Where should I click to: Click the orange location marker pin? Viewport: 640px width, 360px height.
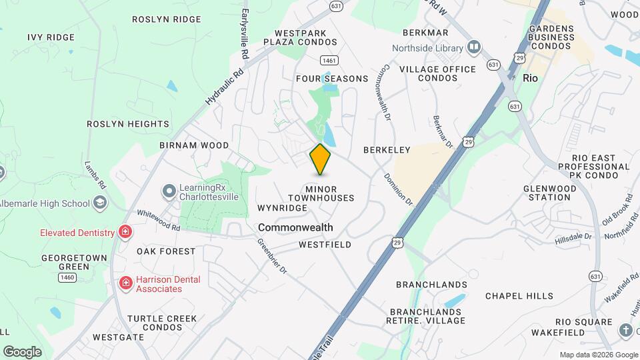click(x=320, y=159)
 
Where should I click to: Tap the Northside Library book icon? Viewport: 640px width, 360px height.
click(x=474, y=48)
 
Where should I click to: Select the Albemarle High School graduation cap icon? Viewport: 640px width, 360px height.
click(x=100, y=203)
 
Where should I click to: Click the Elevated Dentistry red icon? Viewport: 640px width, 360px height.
click(x=124, y=232)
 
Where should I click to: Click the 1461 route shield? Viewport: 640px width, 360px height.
click(x=328, y=61)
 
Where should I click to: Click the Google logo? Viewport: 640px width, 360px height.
click(x=22, y=352)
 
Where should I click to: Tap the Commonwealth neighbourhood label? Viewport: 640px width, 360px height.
click(x=295, y=227)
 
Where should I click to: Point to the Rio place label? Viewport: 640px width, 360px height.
click(x=530, y=78)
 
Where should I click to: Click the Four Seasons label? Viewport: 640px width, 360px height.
click(x=332, y=79)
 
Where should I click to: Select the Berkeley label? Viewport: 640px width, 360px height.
click(x=385, y=150)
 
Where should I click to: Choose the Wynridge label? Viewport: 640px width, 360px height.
click(x=282, y=208)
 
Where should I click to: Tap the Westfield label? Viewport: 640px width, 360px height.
click(x=325, y=245)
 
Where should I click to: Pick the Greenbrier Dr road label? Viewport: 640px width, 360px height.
click(x=273, y=256)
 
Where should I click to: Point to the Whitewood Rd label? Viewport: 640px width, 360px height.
click(x=159, y=220)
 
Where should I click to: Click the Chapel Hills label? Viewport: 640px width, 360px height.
click(x=519, y=295)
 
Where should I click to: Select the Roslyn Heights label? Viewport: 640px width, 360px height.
click(x=128, y=124)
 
